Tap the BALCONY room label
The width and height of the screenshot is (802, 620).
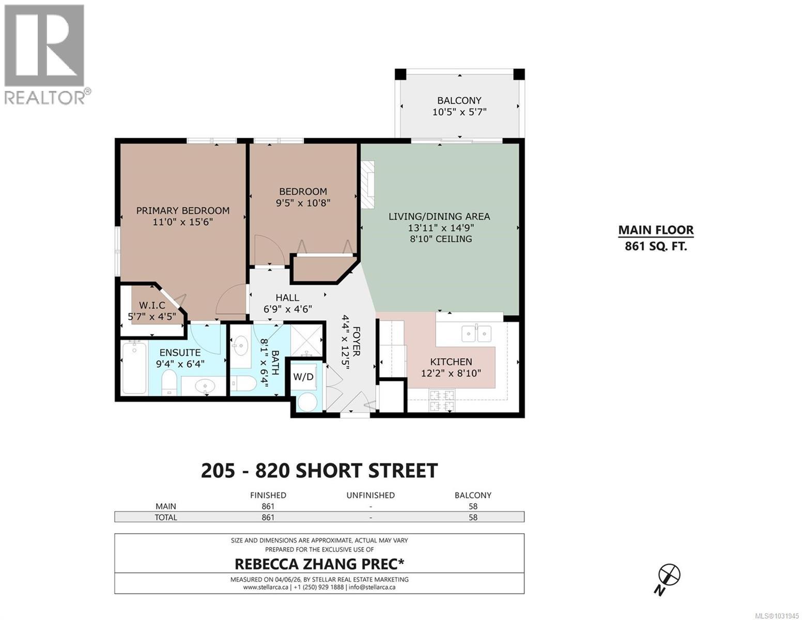click(x=459, y=100)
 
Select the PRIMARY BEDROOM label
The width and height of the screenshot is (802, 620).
click(x=183, y=210)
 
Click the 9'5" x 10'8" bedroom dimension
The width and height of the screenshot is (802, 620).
click(x=303, y=203)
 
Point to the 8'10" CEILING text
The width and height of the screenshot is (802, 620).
click(x=440, y=239)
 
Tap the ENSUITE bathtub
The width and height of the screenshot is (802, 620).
click(x=134, y=367)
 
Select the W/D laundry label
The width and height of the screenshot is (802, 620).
click(x=303, y=377)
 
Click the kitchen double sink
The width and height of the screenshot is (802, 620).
click(x=476, y=334)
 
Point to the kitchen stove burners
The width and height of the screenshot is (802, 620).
click(x=442, y=401)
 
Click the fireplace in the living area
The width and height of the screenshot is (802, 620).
click(x=367, y=184)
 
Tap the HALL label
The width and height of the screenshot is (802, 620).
click(x=287, y=298)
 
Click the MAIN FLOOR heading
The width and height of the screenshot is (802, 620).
click(x=656, y=230)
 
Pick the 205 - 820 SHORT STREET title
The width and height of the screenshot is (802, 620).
click(x=319, y=471)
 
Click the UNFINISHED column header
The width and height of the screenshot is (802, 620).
click(x=370, y=495)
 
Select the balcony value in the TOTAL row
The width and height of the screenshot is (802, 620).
click(x=472, y=517)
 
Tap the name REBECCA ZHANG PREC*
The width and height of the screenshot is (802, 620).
click(x=319, y=563)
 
